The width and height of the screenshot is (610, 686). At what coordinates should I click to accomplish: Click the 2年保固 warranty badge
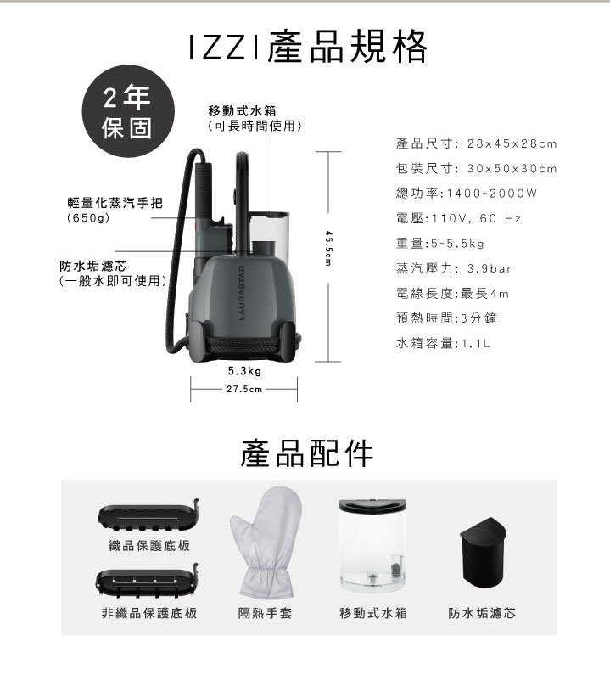click(128, 111)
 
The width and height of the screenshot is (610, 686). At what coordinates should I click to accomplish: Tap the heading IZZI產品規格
click(308, 47)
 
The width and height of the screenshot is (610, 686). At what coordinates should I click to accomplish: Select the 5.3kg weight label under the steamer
click(244, 371)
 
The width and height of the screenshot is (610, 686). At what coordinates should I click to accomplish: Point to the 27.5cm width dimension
click(244, 389)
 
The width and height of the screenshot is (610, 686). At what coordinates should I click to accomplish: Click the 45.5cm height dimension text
click(328, 249)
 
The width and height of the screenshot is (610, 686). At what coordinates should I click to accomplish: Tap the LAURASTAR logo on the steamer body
click(242, 293)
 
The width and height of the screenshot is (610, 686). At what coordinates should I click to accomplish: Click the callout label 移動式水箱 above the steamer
click(243, 110)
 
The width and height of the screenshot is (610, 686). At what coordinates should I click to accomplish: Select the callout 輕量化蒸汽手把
click(115, 203)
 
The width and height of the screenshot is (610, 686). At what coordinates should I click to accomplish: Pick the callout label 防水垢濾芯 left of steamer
click(93, 266)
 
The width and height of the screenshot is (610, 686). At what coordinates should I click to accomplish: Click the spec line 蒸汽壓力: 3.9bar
click(453, 268)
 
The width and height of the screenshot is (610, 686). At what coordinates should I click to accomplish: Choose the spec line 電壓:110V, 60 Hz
click(458, 218)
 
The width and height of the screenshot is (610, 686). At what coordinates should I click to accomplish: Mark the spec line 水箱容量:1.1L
click(444, 344)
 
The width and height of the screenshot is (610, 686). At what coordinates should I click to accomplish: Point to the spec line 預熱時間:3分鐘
click(446, 318)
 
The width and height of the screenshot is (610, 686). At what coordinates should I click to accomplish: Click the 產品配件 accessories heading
click(307, 453)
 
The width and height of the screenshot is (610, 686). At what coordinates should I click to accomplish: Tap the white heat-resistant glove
click(266, 542)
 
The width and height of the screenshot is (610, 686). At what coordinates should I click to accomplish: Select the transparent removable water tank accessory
click(373, 545)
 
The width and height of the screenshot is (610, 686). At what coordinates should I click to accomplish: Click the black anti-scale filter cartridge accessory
click(483, 553)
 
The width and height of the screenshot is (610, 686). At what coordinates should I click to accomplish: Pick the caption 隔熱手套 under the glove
click(265, 613)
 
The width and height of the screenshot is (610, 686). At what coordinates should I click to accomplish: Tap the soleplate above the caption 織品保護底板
click(148, 515)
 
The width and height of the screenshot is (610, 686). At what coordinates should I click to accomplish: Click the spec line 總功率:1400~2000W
click(467, 194)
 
